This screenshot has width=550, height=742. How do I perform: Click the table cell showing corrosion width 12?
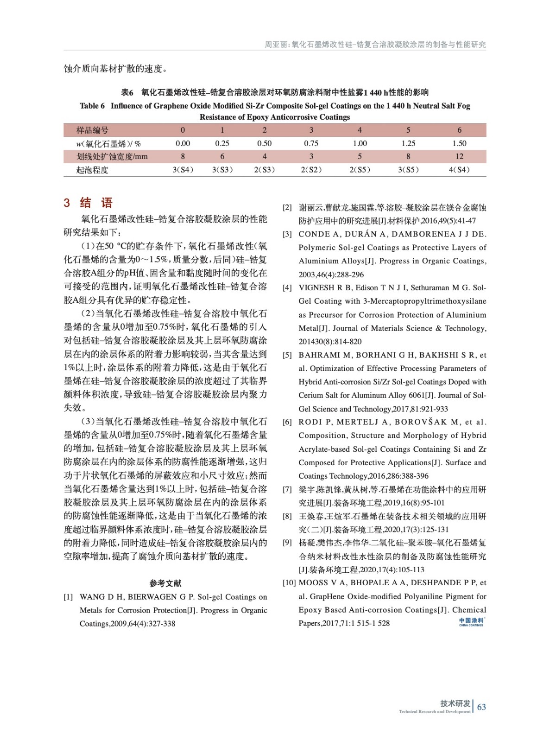(x=459, y=156)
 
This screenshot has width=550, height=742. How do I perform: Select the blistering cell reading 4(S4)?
(x=459, y=170)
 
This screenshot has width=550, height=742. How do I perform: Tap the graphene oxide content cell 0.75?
(x=311, y=143)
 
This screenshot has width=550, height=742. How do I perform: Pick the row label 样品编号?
(x=92, y=130)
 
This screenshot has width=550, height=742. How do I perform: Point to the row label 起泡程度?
(x=92, y=170)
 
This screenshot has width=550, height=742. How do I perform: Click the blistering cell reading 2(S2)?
(x=311, y=170)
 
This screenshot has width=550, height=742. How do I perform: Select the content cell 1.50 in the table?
(x=459, y=143)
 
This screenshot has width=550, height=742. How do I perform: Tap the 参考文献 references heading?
(x=165, y=583)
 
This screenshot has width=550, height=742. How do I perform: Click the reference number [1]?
(x=68, y=597)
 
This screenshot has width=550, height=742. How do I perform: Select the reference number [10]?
(x=289, y=583)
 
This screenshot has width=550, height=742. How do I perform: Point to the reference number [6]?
(x=287, y=422)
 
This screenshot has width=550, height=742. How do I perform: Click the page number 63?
(x=481, y=707)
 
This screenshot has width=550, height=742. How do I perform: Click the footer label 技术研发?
(x=455, y=704)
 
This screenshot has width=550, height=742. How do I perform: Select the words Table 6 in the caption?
(x=92, y=106)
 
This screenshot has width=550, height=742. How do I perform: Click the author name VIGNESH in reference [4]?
(x=317, y=288)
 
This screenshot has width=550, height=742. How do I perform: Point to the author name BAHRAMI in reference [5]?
(x=318, y=355)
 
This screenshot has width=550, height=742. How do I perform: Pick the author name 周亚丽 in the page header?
(x=276, y=45)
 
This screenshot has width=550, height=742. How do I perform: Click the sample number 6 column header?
(x=459, y=130)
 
